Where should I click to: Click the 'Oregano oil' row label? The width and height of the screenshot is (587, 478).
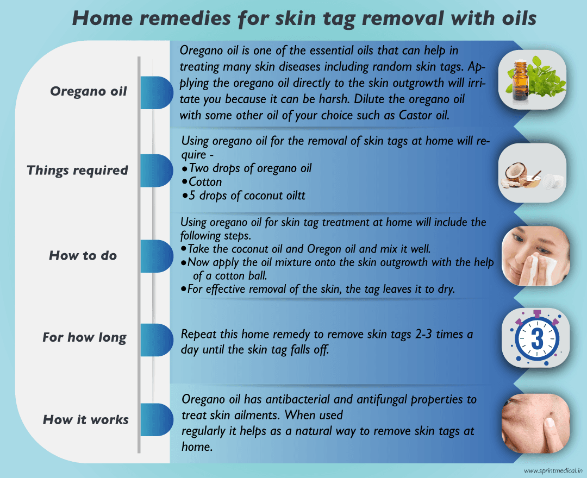[x=88, y=91]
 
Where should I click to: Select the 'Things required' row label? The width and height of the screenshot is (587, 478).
[x=77, y=171]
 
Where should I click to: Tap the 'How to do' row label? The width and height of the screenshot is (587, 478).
[x=83, y=255]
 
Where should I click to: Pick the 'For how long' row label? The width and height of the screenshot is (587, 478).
[x=84, y=338]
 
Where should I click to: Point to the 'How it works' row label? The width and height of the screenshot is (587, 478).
[x=86, y=420]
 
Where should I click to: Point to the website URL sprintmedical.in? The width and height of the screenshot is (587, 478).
[x=553, y=470]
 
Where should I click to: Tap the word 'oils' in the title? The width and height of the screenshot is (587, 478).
[x=512, y=18]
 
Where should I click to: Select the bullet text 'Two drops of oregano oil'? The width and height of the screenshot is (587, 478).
[x=250, y=168]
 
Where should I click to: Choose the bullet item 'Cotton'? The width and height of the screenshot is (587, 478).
[x=205, y=181]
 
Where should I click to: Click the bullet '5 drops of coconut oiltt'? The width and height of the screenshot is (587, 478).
[x=247, y=196]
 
